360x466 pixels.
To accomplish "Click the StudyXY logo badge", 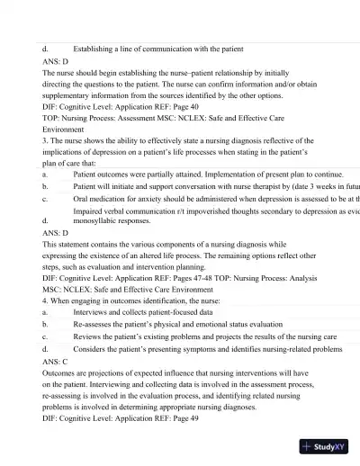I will click(327, 446).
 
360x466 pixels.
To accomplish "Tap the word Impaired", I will click(88, 210).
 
